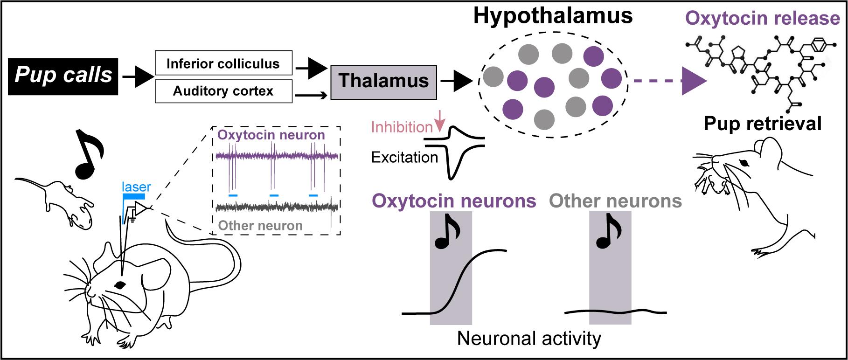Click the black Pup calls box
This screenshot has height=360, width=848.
pos(63,75)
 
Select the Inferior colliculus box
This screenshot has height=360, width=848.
pos(223,63)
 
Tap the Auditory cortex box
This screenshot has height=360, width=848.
pos(223,90)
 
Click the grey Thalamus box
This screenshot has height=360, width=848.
pos(383,82)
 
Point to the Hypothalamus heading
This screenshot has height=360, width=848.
pos(553,16)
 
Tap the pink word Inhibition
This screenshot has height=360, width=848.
pos(402,127)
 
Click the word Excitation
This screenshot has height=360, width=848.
pos(404,158)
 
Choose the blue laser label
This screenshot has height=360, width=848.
pos(136,187)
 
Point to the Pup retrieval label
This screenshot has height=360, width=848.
pos(762,124)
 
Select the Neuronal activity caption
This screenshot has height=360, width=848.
pos(529,339)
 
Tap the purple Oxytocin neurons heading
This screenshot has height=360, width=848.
pos(454,201)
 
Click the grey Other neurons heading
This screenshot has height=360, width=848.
pos(616,201)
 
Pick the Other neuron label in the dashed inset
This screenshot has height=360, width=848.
pos(260,226)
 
